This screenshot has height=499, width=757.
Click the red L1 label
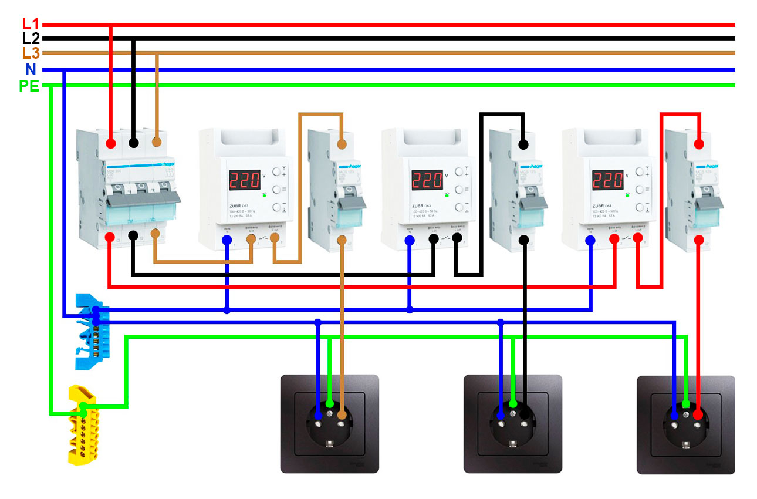[30, 25]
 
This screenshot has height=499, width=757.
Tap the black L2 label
[30, 39]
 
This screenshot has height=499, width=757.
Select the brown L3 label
[30, 53]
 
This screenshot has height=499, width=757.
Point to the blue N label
[31, 70]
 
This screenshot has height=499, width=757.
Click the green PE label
[29, 86]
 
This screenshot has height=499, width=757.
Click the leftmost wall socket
[329, 424]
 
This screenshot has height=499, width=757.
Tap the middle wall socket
[512, 424]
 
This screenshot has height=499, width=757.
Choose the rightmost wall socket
[685, 424]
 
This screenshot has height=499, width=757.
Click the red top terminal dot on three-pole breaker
[110, 144]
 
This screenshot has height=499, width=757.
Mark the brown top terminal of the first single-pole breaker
[342, 144]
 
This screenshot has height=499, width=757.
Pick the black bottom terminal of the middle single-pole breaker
[523, 240]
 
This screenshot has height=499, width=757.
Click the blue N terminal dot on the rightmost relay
[591, 240]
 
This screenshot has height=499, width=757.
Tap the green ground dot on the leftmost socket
[330, 404]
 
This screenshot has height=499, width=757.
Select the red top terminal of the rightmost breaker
[698, 144]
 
